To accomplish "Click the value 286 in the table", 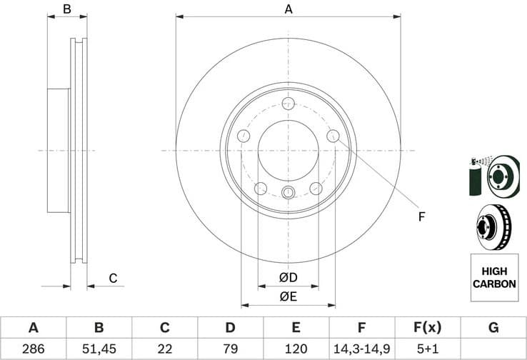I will pos(33,349).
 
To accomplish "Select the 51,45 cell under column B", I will pos(99,349).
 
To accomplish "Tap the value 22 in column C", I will pos(164,349).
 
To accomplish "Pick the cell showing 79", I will pos(230,349).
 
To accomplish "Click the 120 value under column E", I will pos(296,349).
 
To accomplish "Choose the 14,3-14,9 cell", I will pos(361,349).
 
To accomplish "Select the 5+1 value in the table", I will pos(427,349).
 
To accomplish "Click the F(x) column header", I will pos(427,328).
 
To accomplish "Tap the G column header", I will pos(493,328).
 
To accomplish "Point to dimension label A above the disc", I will pos(288,9).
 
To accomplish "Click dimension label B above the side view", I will pos(66,9).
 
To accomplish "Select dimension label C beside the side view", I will pos(112,279).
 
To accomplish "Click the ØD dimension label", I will pos(288,277).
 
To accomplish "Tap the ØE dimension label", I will pos(288,296).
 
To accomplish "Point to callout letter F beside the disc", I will pos(421,216).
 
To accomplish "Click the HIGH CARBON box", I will pos(493,277).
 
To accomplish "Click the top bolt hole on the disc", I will pos(288,104).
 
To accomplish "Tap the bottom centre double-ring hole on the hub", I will pos(288,192).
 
